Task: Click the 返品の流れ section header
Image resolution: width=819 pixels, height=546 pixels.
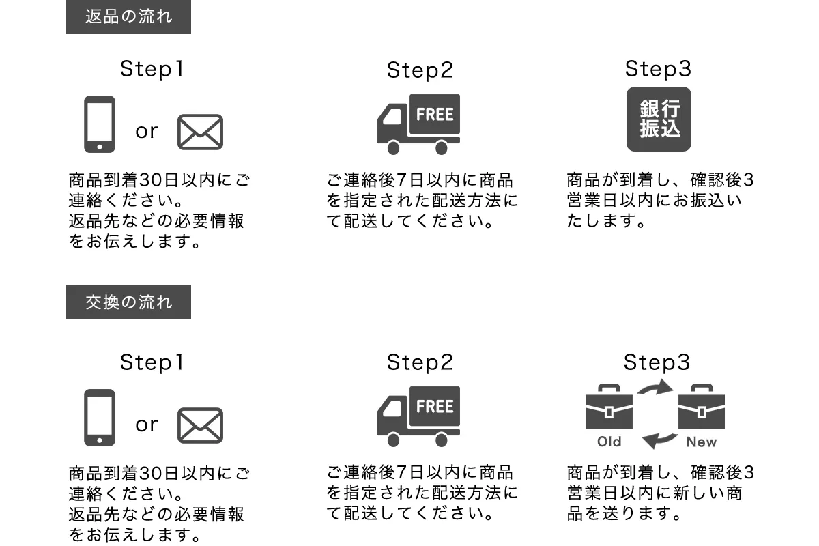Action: [128, 16]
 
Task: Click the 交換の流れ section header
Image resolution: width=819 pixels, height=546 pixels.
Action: [128, 302]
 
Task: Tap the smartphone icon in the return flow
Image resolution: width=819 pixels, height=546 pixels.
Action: [100, 124]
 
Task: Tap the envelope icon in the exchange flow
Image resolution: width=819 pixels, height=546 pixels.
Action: [200, 425]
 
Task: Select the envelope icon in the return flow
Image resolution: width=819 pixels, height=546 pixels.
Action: [200, 132]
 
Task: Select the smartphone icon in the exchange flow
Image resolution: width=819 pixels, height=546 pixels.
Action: [100, 418]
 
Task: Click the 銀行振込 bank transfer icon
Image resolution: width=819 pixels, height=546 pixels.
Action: [659, 119]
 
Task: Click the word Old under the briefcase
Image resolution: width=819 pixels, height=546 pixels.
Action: [609, 442]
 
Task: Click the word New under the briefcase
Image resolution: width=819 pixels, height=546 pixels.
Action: [702, 442]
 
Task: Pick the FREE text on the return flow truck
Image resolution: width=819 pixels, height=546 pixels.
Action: [435, 114]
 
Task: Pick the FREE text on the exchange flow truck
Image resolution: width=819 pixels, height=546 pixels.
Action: [435, 407]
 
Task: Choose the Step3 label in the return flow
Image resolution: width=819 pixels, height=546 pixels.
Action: [658, 69]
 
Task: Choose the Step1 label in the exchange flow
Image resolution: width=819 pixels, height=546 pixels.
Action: [152, 362]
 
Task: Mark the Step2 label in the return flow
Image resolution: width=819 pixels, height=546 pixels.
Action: [420, 70]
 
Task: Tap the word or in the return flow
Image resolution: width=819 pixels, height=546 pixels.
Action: [147, 131]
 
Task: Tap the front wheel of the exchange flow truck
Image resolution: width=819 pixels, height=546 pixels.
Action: [393, 440]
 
